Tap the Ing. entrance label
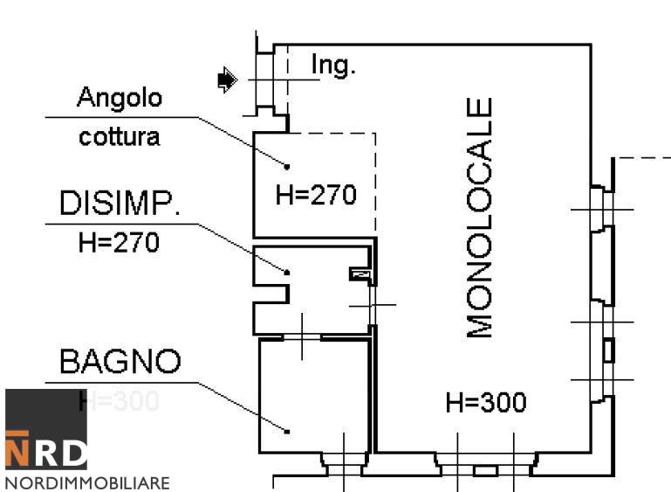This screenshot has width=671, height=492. (x=333, y=66)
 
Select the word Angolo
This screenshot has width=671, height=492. (x=120, y=98)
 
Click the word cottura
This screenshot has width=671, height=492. (x=120, y=137)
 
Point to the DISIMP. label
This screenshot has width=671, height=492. (x=120, y=204)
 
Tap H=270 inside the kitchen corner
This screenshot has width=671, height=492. (x=316, y=195)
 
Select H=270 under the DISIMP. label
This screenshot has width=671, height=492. (x=120, y=242)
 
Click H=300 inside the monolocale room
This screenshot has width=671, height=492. (x=486, y=403)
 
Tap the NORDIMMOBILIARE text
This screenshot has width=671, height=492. (x=86, y=482)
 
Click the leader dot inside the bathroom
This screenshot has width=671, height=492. (x=287, y=430)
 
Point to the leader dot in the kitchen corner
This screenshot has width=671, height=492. (x=287, y=164)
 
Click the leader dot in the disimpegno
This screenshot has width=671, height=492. (x=287, y=272)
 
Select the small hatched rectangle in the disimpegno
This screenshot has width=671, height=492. (x=359, y=274)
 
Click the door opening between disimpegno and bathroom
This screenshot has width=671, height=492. (x=302, y=336)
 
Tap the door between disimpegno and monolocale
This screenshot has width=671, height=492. (x=373, y=305)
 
